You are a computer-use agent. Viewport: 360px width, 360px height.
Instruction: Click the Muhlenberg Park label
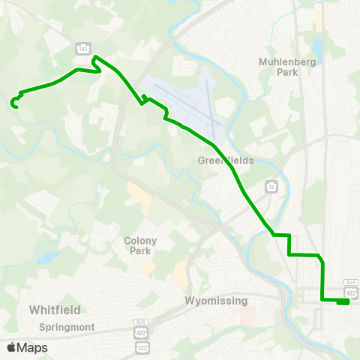pos(277,67)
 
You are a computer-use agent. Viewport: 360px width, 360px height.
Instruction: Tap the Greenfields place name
pos(226,160)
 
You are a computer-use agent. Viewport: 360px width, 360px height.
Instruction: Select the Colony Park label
pos(140,245)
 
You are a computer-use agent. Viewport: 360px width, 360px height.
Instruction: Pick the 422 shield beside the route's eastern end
pos(350,291)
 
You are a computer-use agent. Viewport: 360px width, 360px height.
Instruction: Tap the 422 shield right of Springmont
pos(142,331)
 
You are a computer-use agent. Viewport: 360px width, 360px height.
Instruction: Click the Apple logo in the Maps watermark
pos(11,347)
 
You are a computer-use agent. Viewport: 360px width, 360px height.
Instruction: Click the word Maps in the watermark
pos(32,347)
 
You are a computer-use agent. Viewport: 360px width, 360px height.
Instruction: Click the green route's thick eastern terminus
pos(343,302)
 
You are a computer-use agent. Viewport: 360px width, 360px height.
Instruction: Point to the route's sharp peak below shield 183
pos(94,58)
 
